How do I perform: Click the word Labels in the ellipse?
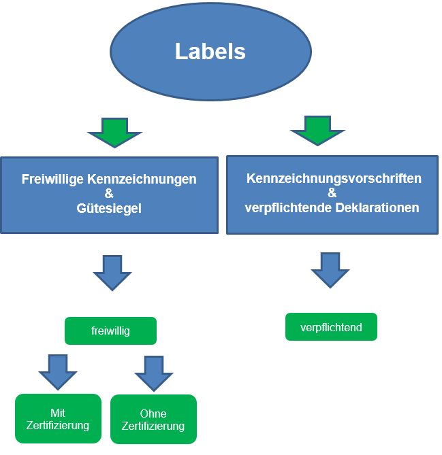pyautogui.click(x=210, y=52)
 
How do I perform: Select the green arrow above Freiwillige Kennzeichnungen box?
pyautogui.click(x=115, y=132)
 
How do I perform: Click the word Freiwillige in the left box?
pyautogui.click(x=49, y=180)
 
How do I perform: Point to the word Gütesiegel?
pyautogui.click(x=109, y=209)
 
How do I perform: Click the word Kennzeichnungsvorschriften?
pyautogui.click(x=334, y=179)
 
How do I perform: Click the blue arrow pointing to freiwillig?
pyautogui.click(x=112, y=273)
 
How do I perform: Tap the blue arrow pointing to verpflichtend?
pyautogui.click(x=330, y=270)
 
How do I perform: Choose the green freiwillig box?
pyautogui.click(x=110, y=331)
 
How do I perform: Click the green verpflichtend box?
pyautogui.click(x=331, y=327)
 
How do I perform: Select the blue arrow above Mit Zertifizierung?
pyautogui.click(x=58, y=371)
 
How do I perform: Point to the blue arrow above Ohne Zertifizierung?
pyautogui.click(x=154, y=373)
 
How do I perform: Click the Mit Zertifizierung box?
pyautogui.click(x=58, y=419)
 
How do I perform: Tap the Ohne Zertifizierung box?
pyautogui.click(x=153, y=420)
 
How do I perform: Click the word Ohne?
pyautogui.click(x=153, y=414)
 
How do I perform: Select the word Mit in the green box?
pyautogui.click(x=58, y=413)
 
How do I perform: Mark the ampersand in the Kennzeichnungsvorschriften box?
pyautogui.click(x=332, y=193)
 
